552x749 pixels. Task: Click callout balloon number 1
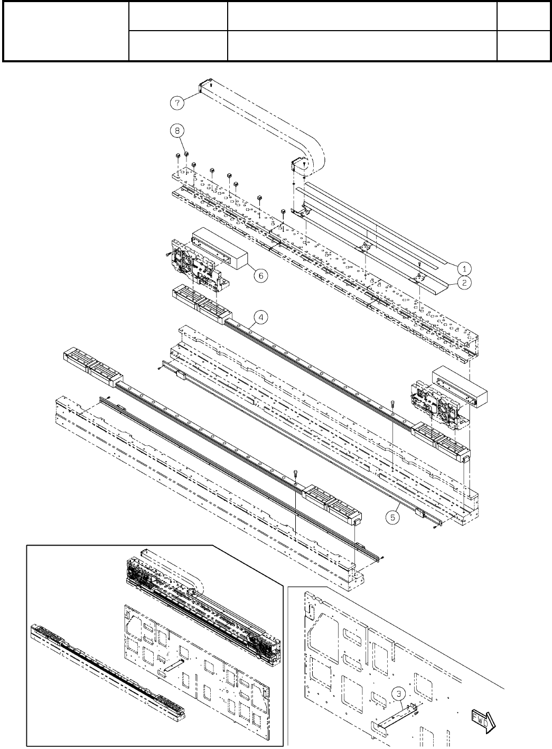[x=464, y=268]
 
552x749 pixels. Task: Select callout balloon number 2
[x=464, y=283]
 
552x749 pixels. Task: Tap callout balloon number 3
[x=398, y=694]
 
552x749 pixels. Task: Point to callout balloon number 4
[x=261, y=317]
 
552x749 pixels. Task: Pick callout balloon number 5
[x=392, y=517]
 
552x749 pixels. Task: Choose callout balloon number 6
[x=261, y=276]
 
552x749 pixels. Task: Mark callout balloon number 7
[x=177, y=102]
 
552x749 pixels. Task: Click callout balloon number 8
[x=177, y=130]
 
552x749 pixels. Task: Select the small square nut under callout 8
[x=186, y=154]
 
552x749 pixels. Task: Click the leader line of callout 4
[x=251, y=325]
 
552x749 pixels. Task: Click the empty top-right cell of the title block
[x=523, y=16]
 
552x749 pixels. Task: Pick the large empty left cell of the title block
[x=66, y=32]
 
